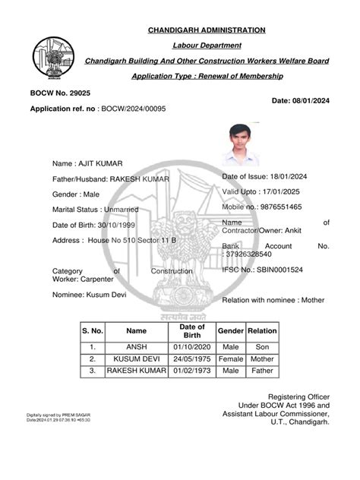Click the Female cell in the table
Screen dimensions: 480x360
230,358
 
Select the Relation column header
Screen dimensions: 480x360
262,331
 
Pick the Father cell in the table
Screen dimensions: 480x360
262,371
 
